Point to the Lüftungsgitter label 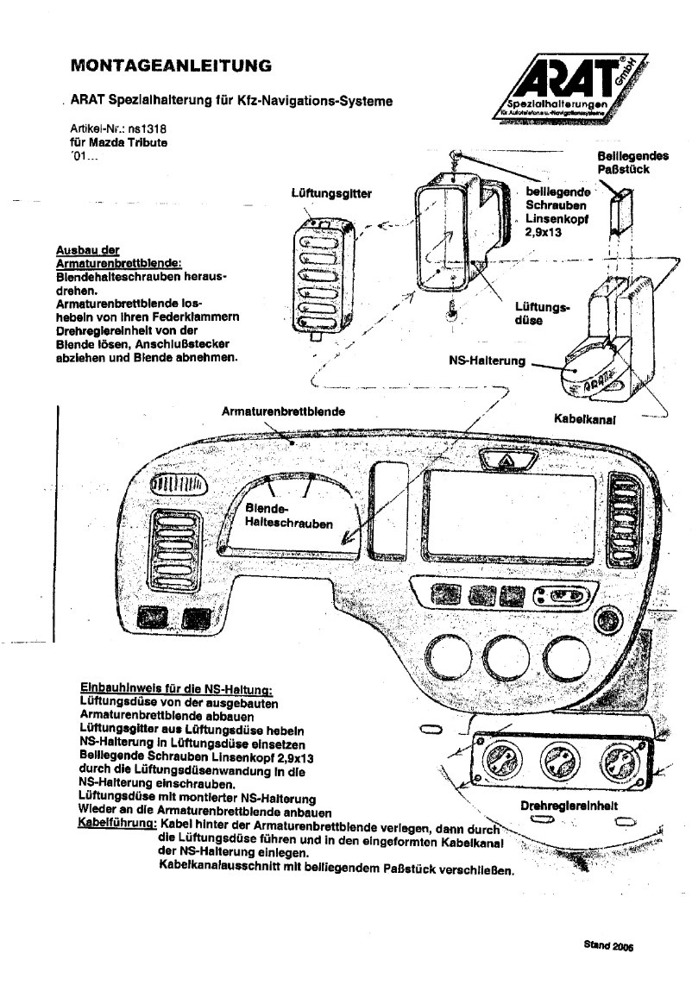click(x=332, y=194)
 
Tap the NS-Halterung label click(x=488, y=361)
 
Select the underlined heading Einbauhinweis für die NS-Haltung click(x=176, y=690)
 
